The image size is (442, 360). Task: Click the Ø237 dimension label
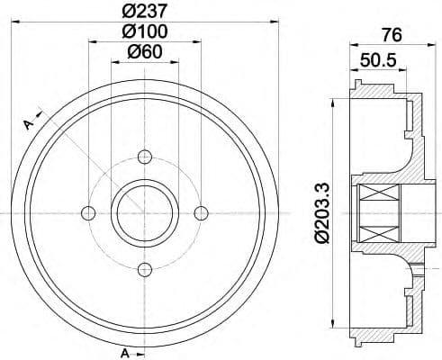pos(144,10)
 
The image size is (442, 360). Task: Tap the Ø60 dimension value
pos(144,51)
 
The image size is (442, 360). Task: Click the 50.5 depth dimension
pos(379,62)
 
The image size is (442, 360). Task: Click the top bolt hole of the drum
pos(144,157)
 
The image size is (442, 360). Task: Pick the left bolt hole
pos(88,213)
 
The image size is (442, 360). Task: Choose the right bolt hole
pos(201,213)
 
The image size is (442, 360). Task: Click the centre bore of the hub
pos(144,213)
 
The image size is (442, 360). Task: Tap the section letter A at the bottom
pos(126,351)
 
